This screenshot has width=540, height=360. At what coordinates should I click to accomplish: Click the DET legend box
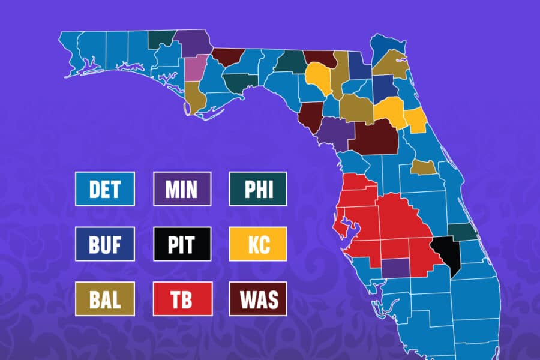pos(105,189)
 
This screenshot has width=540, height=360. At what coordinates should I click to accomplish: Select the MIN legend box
pos(182,189)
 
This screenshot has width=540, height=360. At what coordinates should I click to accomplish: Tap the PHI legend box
pos(258,189)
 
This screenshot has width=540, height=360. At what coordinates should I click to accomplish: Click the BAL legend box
pos(105,298)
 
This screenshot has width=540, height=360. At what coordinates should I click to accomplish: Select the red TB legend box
pos(182,298)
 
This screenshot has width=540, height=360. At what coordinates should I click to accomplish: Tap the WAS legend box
pos(258,298)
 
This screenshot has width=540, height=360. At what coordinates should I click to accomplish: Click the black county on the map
pos(451,252)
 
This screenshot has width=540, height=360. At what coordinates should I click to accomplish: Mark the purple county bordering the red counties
pos(393,268)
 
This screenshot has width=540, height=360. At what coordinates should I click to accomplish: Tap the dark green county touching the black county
pos(462,232)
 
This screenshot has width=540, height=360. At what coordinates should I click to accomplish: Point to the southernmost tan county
pos(423,167)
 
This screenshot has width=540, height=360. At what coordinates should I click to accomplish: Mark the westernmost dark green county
pos(162,38)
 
